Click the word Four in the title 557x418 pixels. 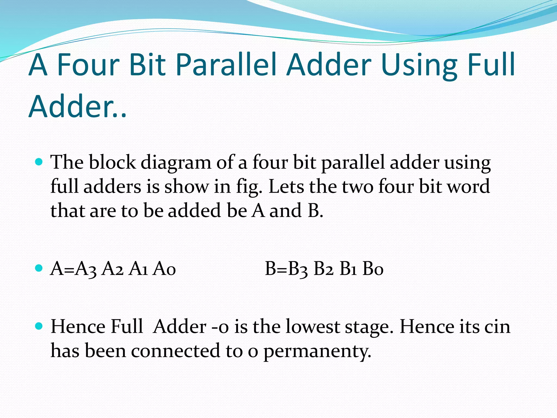pyautogui.click(x=88, y=65)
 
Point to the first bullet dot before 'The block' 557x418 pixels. pyautogui.click(x=39, y=162)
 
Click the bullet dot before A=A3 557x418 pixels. pyautogui.click(x=39, y=268)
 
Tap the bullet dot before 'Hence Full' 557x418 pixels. pyautogui.click(x=39, y=326)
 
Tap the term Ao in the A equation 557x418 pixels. pyautogui.click(x=164, y=269)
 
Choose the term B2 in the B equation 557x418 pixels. pyautogui.click(x=323, y=269)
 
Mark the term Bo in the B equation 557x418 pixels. pyautogui.click(x=373, y=269)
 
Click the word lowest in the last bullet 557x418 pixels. pyautogui.click(x=312, y=326)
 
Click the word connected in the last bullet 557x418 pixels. pyautogui.click(x=175, y=351)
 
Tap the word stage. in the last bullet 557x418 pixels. pyautogui.click(x=369, y=327)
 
